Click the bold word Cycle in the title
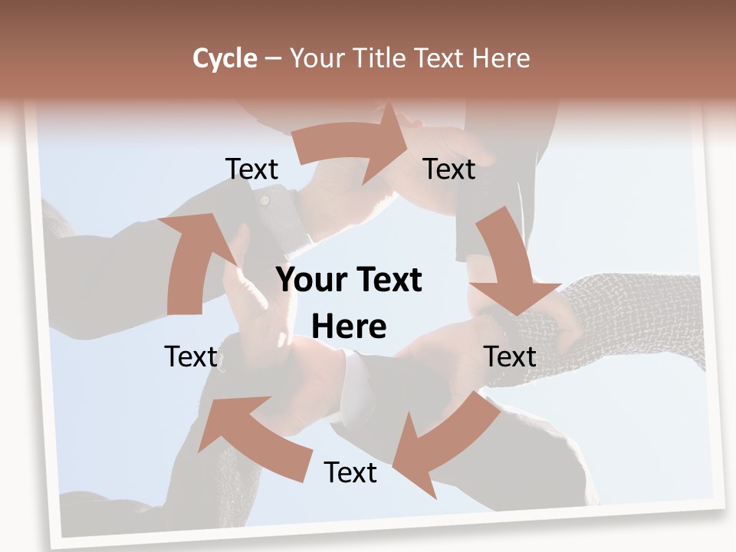225,58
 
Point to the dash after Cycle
273,59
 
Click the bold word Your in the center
308,280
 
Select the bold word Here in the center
349,327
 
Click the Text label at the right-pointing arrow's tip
449,169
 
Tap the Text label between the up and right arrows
251,169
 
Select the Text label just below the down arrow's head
510,356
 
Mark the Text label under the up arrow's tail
191,356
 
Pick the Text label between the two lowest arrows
350,472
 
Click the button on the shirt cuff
264,200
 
